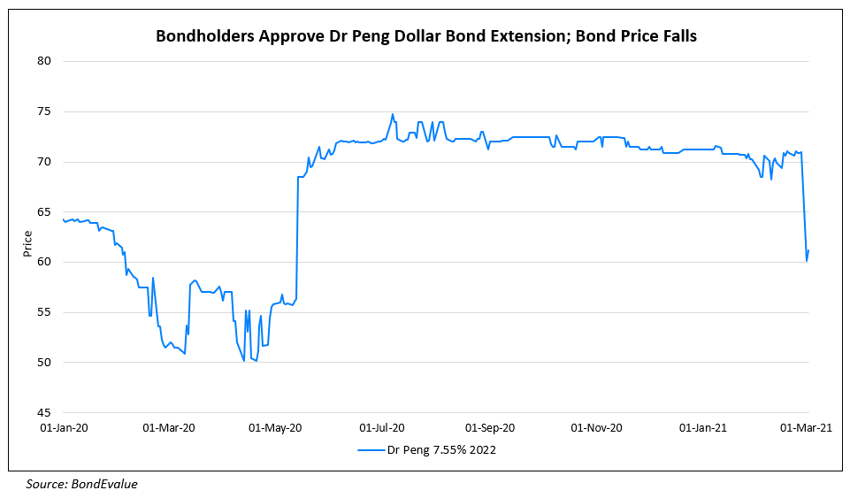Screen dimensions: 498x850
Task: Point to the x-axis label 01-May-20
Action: click(x=276, y=428)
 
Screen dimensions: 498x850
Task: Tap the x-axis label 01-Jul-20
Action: click(x=382, y=428)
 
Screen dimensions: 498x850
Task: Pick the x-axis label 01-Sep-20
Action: click(x=489, y=428)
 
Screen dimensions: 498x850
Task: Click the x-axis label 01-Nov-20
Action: click(x=596, y=428)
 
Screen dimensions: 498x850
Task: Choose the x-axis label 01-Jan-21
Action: click(x=702, y=428)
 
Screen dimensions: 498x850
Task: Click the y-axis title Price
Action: click(x=27, y=242)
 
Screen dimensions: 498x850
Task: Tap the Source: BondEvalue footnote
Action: click(x=81, y=484)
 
